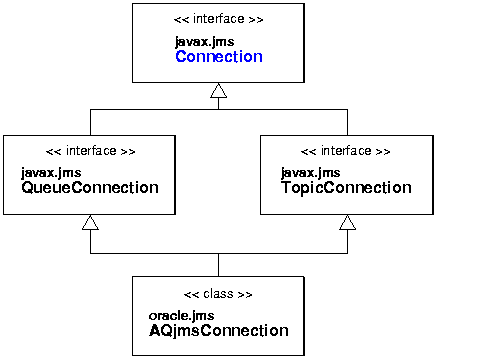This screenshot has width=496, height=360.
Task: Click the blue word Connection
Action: click(218, 57)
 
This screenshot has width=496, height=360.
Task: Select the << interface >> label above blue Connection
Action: click(218, 20)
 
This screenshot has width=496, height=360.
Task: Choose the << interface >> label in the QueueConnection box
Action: click(90, 151)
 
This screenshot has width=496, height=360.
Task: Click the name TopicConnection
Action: click(345, 187)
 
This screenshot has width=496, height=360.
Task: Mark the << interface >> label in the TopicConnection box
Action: click(346, 151)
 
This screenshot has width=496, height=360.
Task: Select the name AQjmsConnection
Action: click(218, 331)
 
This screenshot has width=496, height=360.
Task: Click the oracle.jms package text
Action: click(182, 316)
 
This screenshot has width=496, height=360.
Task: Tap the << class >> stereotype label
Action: click(218, 295)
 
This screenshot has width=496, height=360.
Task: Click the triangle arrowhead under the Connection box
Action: click(219, 92)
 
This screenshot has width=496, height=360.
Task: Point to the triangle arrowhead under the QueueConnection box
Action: click(90, 222)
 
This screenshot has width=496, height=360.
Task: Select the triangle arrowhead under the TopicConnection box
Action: click(347, 222)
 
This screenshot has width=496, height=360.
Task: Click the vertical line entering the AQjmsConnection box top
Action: click(219, 264)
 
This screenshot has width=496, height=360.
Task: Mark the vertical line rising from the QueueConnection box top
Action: click(90, 121)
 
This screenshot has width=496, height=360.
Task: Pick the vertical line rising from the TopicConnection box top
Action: click(347, 121)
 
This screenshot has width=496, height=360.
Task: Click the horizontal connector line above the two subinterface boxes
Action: click(150, 110)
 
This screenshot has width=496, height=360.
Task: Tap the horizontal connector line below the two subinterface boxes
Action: click(150, 253)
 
